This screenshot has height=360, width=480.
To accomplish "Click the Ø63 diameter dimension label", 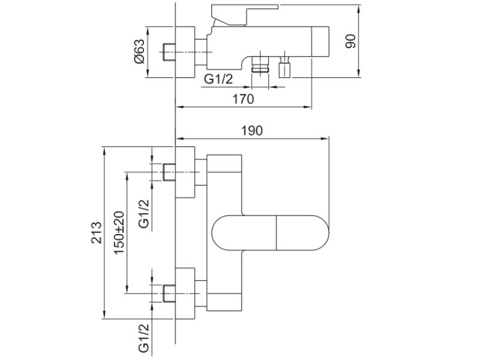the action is click(139, 51).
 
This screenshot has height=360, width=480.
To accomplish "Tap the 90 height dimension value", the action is click(351, 41).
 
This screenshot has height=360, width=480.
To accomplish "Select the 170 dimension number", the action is click(243, 99).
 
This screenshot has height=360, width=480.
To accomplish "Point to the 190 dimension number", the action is click(252, 130).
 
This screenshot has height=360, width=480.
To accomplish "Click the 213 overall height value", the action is click(96, 233).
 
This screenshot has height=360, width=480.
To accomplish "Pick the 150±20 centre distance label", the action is click(119, 233).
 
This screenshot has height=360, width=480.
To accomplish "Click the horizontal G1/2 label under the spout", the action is click(218, 79).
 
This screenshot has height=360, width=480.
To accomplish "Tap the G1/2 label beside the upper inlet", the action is click(144, 214).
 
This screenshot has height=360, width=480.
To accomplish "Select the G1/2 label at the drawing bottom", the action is click(144, 338).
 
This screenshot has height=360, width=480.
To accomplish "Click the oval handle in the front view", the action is click(270, 233).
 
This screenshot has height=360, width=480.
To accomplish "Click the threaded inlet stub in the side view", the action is click(170, 52).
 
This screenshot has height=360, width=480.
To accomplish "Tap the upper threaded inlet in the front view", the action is click(170, 172).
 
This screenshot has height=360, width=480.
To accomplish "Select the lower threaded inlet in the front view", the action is click(170, 293).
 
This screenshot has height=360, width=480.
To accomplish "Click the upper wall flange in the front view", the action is click(185, 172).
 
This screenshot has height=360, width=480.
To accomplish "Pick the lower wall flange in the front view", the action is click(185, 293).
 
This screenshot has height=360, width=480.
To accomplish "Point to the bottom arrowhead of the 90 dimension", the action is click(358, 73).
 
